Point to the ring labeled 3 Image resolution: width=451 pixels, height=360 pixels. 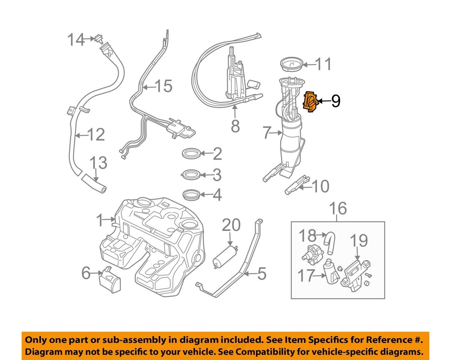coord(191,174)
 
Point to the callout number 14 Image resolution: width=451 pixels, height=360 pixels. coord(75,40)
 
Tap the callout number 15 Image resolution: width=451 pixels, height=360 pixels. coord(164,86)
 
